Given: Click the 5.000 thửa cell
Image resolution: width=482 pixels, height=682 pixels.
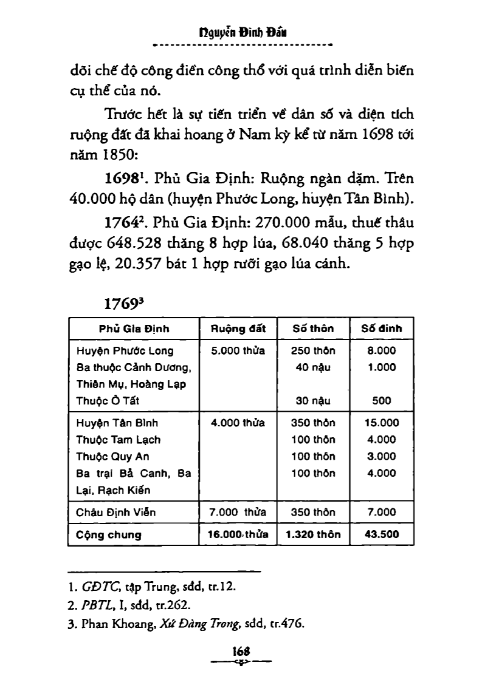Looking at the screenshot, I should pos(238,350).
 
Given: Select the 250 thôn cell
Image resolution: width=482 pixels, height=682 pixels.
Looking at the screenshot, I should pos(313,350).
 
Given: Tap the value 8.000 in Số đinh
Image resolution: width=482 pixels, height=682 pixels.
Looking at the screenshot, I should pos(382,350).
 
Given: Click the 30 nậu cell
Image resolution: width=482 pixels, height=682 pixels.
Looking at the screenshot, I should pos(313,400).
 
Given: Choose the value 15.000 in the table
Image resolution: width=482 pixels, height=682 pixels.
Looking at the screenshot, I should pos(382,423).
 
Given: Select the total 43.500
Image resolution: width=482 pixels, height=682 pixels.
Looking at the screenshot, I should pos(382,535).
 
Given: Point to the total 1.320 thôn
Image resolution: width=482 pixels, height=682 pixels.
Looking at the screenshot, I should pos(313,535).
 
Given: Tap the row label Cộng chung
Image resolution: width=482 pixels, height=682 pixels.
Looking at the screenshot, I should pos(109,535).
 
